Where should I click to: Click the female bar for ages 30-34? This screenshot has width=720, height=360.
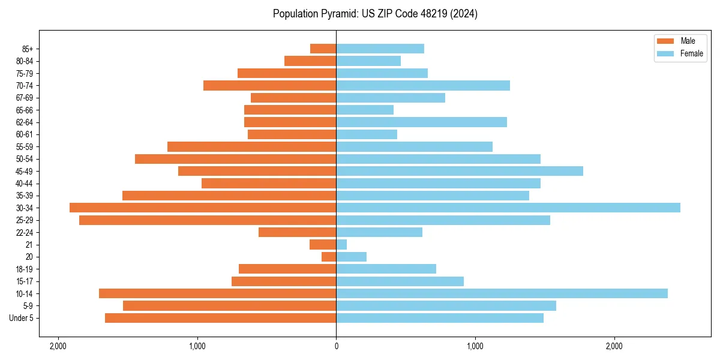point(508,208)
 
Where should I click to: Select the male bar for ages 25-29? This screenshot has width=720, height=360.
point(208,220)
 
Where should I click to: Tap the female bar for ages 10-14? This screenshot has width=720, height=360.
point(502,293)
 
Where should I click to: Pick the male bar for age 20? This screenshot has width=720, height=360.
point(329,257)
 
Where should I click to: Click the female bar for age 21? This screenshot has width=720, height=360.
point(341,245)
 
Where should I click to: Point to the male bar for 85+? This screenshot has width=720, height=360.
point(323,49)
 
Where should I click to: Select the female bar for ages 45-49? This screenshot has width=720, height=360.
point(460,171)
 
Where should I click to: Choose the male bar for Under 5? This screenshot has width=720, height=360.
point(220,318)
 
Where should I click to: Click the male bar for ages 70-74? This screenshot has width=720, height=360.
point(269,86)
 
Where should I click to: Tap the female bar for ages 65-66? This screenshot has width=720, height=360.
point(365,110)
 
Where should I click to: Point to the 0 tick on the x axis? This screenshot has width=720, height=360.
point(336,346)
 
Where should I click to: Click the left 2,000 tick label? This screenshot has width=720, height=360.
point(58,346)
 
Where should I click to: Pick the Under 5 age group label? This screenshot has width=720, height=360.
point(22,318)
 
